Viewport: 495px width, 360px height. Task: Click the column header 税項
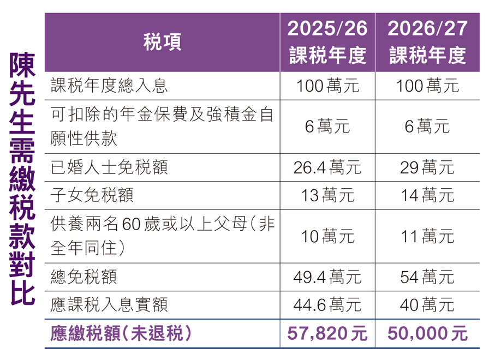pyautogui.click(x=163, y=41)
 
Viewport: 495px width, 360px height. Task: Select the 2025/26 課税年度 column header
pyautogui.click(x=327, y=41)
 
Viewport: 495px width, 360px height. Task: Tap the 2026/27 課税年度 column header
pyautogui.click(x=427, y=41)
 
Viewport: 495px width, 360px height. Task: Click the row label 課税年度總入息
pyautogui.click(x=109, y=86)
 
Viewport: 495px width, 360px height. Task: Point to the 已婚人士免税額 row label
pyautogui.click(x=109, y=167)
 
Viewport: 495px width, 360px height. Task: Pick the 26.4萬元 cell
pyautogui.click(x=327, y=167)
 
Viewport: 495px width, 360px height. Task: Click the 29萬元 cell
pyautogui.click(x=427, y=167)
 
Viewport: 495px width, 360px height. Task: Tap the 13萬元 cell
pyautogui.click(x=327, y=195)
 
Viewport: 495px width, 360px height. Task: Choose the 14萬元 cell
pyautogui.click(x=427, y=195)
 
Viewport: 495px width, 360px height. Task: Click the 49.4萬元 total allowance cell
pyautogui.click(x=327, y=277)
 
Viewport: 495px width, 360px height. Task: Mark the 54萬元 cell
pyautogui.click(x=427, y=277)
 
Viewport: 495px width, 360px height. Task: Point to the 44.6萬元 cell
pyautogui.click(x=327, y=304)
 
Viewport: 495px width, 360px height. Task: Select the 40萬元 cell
pyautogui.click(x=427, y=304)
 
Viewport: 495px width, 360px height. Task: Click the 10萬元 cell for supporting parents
pyautogui.click(x=327, y=236)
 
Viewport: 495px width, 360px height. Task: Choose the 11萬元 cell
pyautogui.click(x=427, y=236)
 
